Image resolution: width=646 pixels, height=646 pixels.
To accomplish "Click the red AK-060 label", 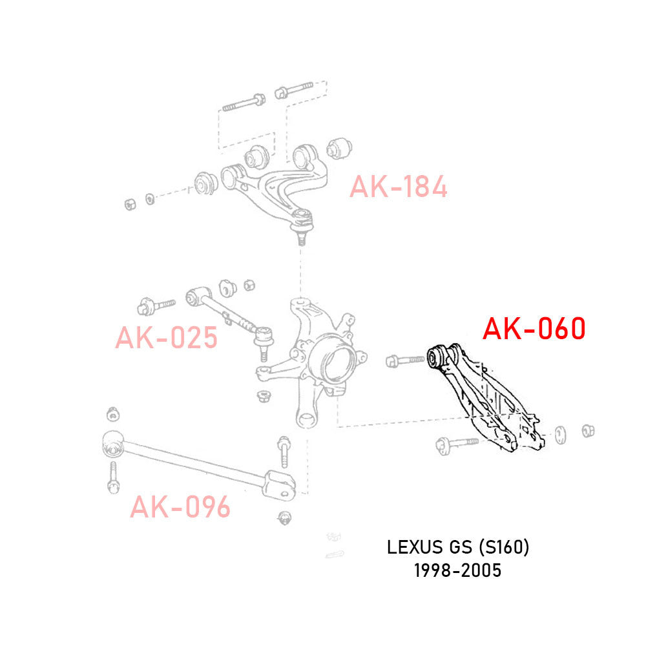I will coord(534,329).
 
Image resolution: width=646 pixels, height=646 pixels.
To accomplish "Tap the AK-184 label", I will coord(398,187).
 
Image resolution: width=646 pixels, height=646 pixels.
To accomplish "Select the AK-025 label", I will coord(166,337).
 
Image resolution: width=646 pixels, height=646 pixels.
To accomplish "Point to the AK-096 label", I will coord(180,507).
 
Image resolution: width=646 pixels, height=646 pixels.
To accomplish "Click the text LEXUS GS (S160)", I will coord(458,548).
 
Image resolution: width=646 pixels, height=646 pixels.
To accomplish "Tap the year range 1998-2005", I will coord(458,571).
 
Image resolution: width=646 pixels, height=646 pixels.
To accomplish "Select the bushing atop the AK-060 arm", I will coord(439,357).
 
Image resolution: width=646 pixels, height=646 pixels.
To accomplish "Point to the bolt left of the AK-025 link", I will coord(155,303).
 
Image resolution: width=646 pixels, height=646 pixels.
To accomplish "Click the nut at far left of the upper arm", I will coord(129,203).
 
